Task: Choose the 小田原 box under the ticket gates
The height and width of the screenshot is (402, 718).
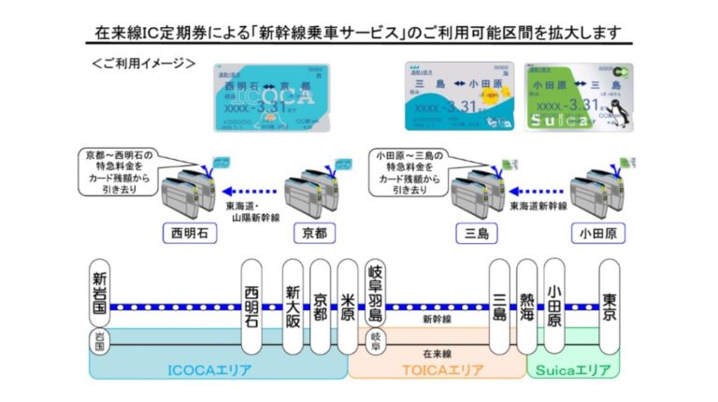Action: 595,232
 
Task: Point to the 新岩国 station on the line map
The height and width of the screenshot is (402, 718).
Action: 100,294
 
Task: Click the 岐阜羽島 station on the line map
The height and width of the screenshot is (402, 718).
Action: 377,289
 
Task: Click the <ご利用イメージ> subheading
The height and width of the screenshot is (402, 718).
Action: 144,64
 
